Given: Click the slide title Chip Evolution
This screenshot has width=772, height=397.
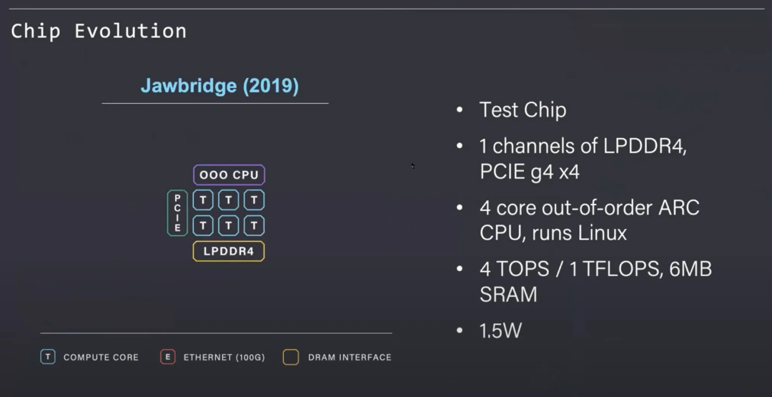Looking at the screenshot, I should pyautogui.click(x=99, y=31).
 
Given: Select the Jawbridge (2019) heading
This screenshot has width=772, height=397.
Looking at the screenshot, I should pyautogui.click(x=219, y=86).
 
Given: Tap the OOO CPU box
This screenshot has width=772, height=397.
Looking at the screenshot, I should pyautogui.click(x=229, y=175).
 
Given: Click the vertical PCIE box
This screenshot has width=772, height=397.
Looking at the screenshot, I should pyautogui.click(x=177, y=213).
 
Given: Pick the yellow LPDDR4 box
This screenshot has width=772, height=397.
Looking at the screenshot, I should pyautogui.click(x=229, y=251).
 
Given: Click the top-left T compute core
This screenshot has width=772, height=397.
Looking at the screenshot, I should pyautogui.click(x=203, y=200).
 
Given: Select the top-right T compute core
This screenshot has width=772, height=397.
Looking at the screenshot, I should pyautogui.click(x=254, y=200).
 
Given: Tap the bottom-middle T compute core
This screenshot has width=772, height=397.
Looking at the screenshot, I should pyautogui.click(x=229, y=226).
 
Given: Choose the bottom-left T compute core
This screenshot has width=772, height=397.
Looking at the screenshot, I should pyautogui.click(x=203, y=226).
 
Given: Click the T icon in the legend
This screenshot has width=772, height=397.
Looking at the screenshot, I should pyautogui.click(x=47, y=357).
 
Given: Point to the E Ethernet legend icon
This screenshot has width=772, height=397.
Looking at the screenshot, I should pyautogui.click(x=167, y=357).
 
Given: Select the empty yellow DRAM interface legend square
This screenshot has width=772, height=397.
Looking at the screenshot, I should pyautogui.click(x=290, y=357).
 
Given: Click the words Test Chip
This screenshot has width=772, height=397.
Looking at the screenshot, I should pyautogui.click(x=523, y=110).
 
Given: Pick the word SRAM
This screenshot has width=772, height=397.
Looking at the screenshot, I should pyautogui.click(x=508, y=294).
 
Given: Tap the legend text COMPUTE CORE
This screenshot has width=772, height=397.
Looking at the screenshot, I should pyautogui.click(x=101, y=357).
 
